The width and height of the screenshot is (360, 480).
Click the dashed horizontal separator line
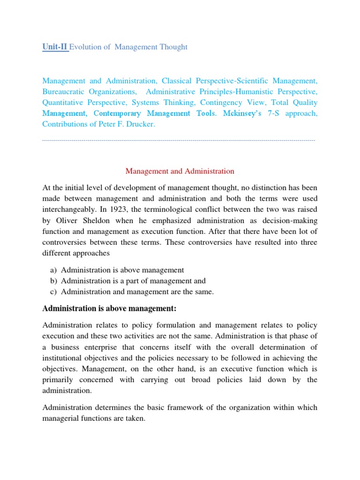(x=179, y=141)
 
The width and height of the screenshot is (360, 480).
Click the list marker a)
(x=52, y=270)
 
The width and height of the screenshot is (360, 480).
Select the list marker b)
(x=52, y=281)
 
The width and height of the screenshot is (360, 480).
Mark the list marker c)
(x=52, y=292)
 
